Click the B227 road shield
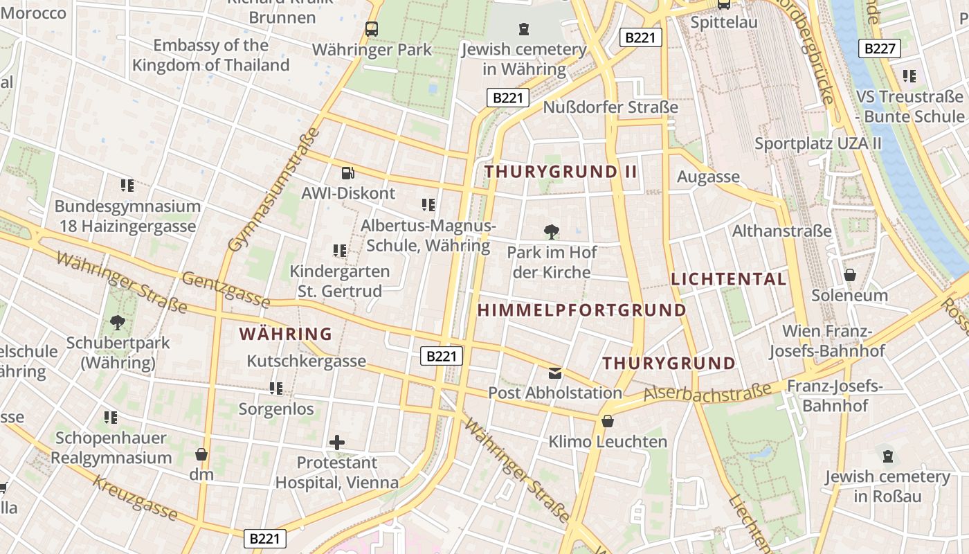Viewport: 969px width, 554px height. [880, 48]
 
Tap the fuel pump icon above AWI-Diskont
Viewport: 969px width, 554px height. [348, 172]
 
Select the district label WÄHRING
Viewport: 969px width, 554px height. [286, 334]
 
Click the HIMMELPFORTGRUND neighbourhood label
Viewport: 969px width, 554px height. [581, 310]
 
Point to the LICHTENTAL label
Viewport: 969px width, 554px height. [729, 279]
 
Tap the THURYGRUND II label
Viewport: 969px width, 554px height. [561, 172]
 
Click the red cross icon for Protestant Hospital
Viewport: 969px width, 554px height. [337, 442]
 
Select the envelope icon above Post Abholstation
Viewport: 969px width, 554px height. [555, 373]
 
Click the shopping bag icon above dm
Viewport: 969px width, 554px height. [201, 454]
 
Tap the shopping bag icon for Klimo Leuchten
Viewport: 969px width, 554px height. [608, 421]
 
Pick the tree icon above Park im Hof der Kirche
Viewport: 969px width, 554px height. [552, 232]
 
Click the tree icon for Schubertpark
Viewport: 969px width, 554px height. [118, 322]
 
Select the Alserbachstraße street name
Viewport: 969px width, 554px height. [707, 393]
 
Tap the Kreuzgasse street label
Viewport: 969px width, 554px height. [136, 497]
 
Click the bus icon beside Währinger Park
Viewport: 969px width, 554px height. [372, 29]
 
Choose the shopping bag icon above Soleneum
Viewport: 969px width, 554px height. [850, 275]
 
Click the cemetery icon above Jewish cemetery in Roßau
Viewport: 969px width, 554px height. [888, 456]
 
